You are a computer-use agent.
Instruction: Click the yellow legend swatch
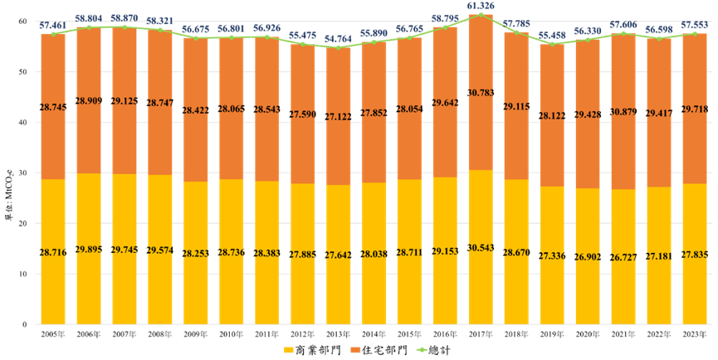[x=289, y=350]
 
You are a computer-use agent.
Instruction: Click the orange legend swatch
[x=355, y=350]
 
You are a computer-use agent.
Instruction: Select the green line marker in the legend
[x=422, y=350]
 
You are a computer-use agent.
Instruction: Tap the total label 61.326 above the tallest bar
[x=481, y=7]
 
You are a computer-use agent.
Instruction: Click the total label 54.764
[x=339, y=39]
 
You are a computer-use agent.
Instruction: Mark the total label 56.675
[x=196, y=29]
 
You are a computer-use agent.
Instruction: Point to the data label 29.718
[x=696, y=109]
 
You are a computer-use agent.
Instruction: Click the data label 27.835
[x=696, y=254]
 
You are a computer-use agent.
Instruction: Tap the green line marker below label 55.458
[x=553, y=44]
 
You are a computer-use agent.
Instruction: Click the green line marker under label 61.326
[x=481, y=15]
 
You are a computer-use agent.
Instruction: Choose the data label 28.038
[x=374, y=254]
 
